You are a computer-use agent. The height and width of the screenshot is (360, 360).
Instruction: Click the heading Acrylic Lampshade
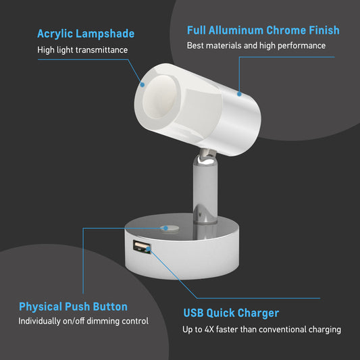click(x=86, y=34)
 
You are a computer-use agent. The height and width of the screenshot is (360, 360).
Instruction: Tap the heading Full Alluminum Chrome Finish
click(x=263, y=30)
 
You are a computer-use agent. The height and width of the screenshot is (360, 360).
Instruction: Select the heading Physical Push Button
click(x=73, y=307)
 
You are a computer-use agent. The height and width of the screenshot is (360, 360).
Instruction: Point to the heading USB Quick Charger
click(x=231, y=313)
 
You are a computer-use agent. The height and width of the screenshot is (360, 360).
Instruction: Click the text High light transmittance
click(x=82, y=50)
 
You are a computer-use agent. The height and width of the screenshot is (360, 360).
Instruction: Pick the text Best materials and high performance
click(x=256, y=46)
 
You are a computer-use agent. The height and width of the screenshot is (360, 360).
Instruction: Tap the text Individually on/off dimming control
click(x=83, y=322)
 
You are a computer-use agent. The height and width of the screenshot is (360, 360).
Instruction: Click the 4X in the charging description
click(x=209, y=330)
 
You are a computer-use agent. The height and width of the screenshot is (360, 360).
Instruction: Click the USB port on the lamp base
click(x=142, y=247)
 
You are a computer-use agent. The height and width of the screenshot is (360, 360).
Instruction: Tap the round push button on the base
click(x=170, y=228)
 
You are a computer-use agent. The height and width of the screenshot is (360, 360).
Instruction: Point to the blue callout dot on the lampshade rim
click(x=143, y=84)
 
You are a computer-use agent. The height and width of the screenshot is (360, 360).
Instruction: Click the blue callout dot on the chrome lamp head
click(x=239, y=94)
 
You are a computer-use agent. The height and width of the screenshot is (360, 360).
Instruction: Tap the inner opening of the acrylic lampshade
click(x=160, y=97)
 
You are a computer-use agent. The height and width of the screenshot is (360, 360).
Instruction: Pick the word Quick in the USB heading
click(x=220, y=313)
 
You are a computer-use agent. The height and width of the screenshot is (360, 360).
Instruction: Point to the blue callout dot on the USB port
click(x=149, y=249)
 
